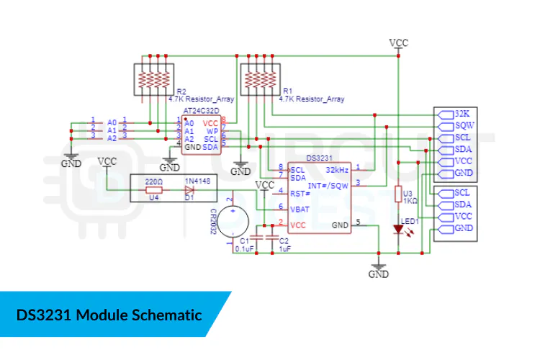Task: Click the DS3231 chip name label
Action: (318, 158)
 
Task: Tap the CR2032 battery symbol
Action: (233, 217)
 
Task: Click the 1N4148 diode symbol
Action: (189, 190)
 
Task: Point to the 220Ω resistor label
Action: (154, 181)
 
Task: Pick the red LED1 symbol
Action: (398, 230)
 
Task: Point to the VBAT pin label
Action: (301, 209)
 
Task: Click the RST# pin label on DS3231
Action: (300, 193)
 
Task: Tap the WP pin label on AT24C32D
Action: (212, 131)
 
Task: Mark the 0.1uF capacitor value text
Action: (245, 249)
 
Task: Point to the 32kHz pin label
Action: (338, 170)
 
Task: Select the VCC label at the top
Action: (398, 42)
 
